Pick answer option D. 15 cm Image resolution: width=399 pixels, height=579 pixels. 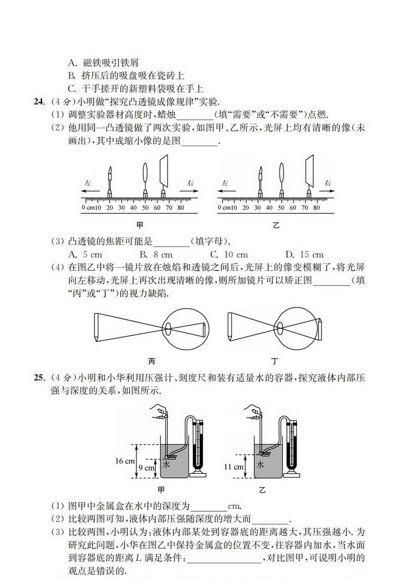click(x=304, y=255)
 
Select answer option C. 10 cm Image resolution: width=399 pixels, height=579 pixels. click(x=229, y=255)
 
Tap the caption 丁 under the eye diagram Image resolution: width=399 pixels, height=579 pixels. click(x=275, y=361)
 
